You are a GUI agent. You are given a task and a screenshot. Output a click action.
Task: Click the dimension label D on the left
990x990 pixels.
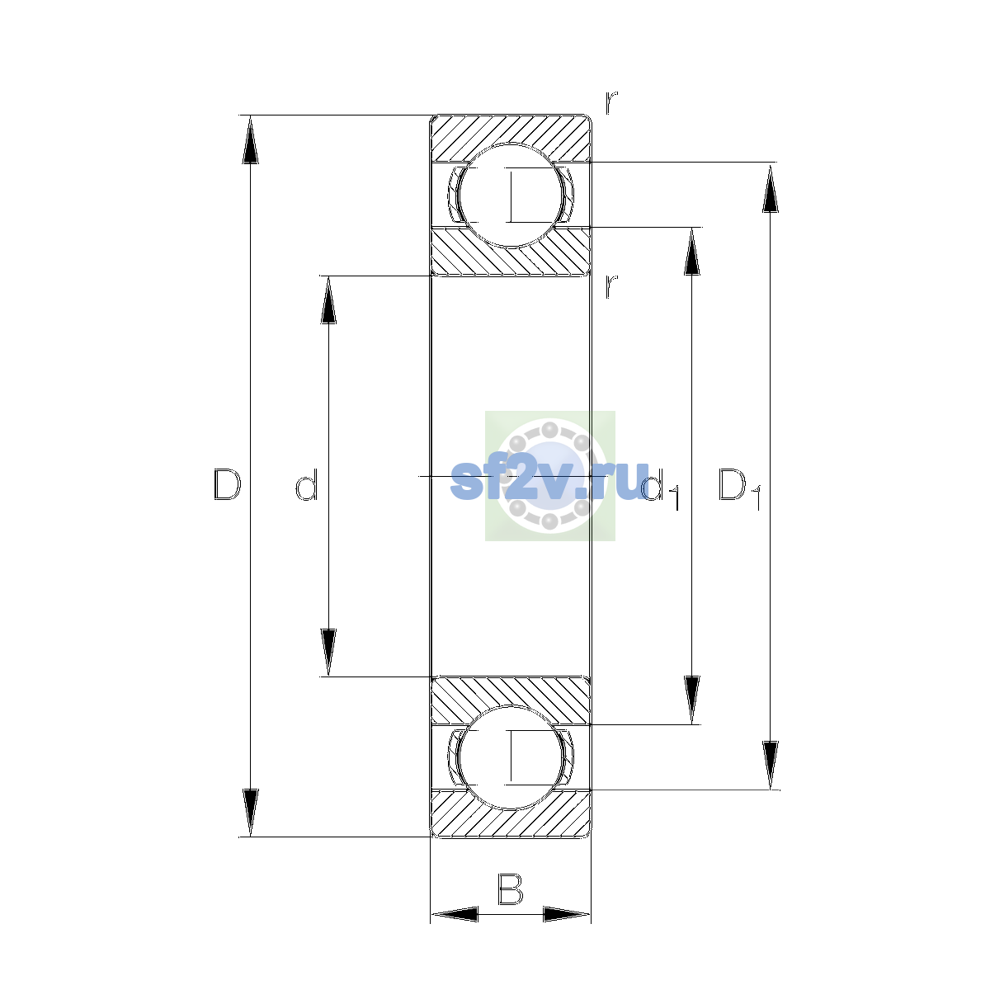227,484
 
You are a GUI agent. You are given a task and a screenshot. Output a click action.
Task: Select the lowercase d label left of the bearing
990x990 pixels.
307,484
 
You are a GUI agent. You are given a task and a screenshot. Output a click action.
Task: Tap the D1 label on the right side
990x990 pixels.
739,488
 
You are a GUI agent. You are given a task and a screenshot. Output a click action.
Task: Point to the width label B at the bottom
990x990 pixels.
510,889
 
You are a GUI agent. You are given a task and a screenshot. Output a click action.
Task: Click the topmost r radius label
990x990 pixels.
610,102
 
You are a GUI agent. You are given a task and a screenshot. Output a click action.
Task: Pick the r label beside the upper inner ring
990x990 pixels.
610,286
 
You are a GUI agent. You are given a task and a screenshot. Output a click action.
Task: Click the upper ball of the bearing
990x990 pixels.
510,196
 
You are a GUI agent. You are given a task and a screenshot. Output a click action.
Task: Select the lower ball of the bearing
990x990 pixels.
510,758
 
